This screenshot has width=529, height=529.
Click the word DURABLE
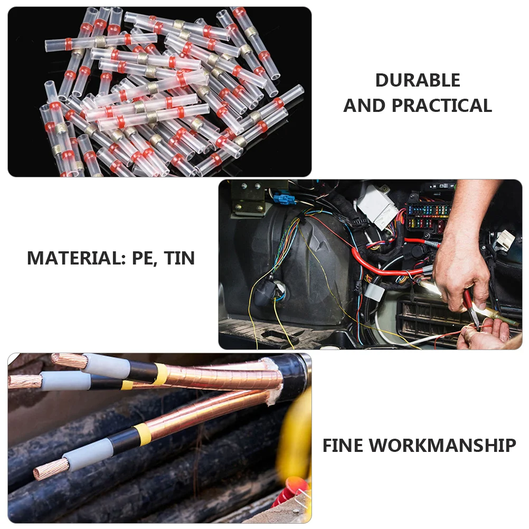418,80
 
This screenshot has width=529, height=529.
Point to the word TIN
179,258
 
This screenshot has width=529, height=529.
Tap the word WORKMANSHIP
442,446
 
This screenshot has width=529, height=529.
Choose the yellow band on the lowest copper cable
141,434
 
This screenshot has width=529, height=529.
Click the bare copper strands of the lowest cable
51,468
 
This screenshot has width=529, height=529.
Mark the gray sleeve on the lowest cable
88,454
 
